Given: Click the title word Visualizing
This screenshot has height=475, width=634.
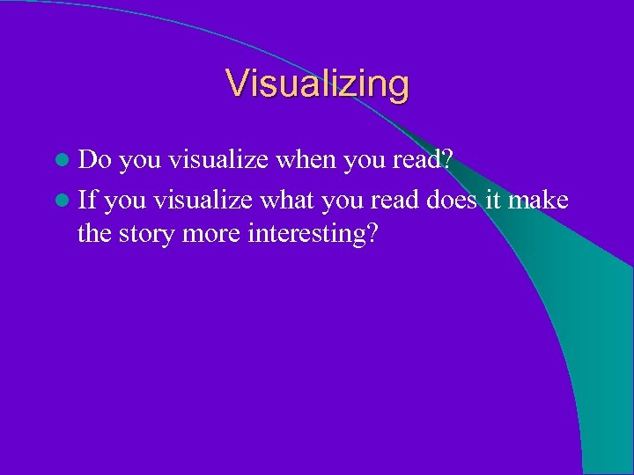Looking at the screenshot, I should (x=317, y=84).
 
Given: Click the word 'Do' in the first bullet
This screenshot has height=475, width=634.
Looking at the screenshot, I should (x=94, y=160).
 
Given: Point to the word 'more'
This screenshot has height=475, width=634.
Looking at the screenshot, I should (x=217, y=235).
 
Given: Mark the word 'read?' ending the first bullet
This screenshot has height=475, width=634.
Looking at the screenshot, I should (x=419, y=160).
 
